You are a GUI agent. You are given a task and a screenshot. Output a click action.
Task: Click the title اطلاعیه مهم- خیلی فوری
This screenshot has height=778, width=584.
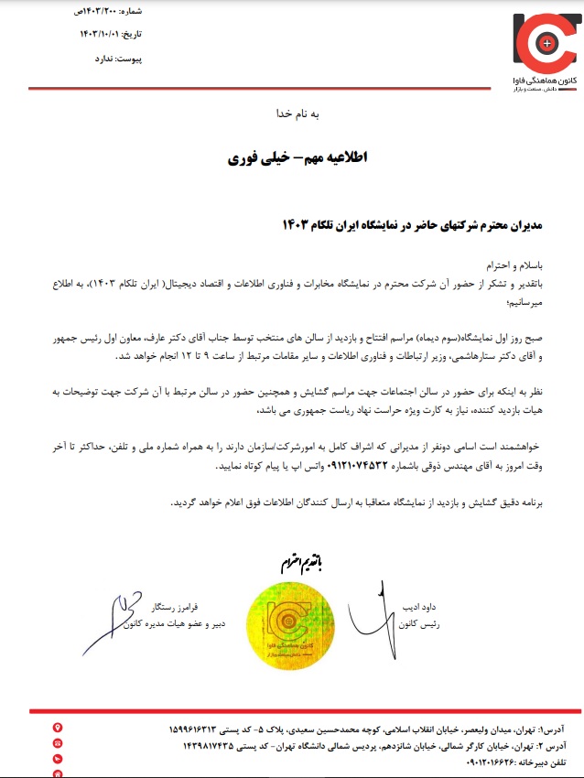(297, 158)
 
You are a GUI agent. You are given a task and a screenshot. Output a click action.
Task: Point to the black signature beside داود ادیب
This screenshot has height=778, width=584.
(375, 611)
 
